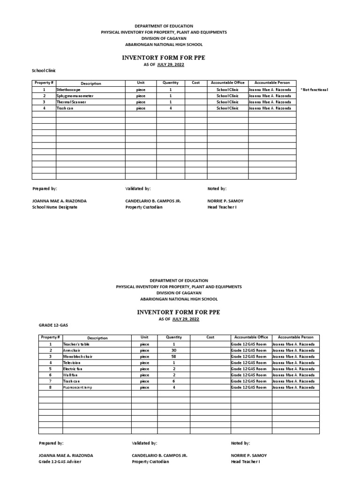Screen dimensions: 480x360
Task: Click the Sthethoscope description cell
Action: tap(68, 90)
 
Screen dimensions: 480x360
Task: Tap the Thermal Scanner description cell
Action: tap(71, 102)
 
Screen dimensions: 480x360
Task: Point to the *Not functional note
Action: tap(314, 90)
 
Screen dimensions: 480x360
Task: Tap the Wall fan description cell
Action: tap(71, 375)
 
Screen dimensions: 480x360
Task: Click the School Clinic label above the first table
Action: tap(44, 70)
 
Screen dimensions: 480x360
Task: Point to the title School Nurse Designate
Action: tap(55, 207)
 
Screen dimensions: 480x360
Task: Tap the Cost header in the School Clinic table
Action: tap(195, 83)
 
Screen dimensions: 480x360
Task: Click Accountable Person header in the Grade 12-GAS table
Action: tap(295, 337)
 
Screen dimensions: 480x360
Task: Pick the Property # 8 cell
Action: tap(50, 388)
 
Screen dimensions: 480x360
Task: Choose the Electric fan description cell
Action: tap(73, 369)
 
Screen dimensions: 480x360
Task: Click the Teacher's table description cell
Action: tap(76, 344)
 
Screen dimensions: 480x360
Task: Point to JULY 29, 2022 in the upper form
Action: tap(171, 65)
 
